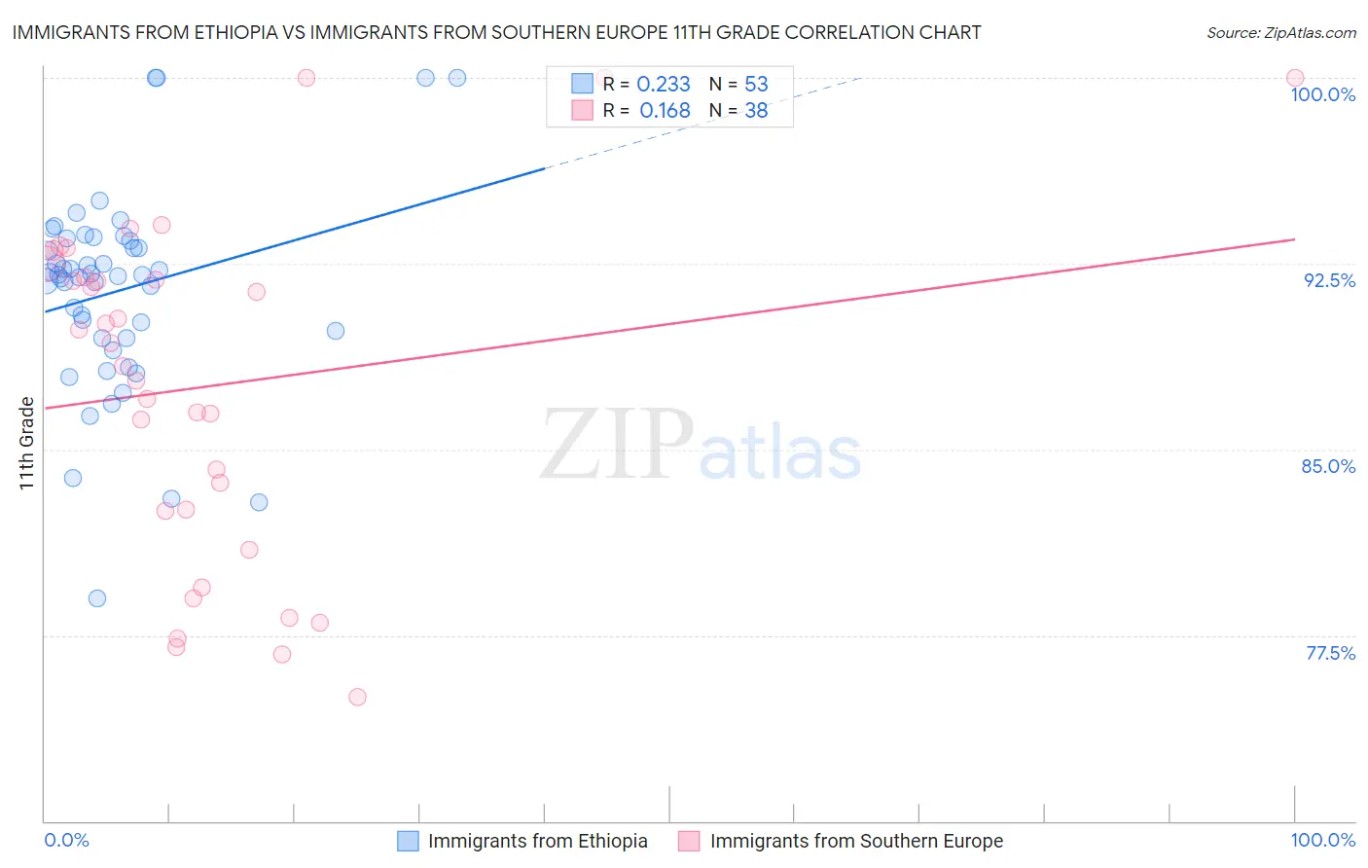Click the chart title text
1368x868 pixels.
pos(496,32)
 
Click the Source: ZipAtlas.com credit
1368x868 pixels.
pos(1280,32)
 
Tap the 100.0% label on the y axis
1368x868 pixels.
pos(1322,94)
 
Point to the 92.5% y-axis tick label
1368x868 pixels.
pos(1329,280)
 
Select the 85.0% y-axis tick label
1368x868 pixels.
pos(1328,466)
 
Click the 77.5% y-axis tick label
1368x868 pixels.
pos(1330,653)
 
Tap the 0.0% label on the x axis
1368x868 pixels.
pos(66,840)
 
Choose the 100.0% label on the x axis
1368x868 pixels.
pos(1322,840)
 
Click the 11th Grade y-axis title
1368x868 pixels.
pos(27,443)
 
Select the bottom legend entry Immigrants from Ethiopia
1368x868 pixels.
pos(537,841)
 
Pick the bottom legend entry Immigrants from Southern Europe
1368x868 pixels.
pos(856,841)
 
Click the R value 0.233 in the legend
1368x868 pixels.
pos(664,85)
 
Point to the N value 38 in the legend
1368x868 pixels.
pos(756,111)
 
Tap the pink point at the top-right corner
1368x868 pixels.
pos(1294,78)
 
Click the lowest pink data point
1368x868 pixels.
pos(357,697)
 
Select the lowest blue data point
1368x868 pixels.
pos(97,598)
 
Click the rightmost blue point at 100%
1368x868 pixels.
pos(457,78)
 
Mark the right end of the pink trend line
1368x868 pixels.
pos(1294,239)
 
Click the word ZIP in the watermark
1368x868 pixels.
pos(616,445)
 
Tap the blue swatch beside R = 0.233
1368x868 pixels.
pos(582,84)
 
